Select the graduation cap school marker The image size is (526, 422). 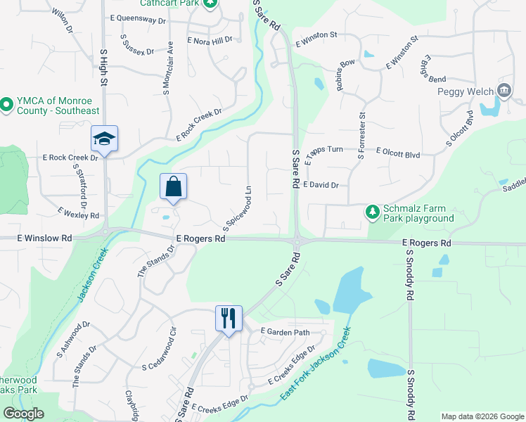pyautogui.click(x=104, y=139)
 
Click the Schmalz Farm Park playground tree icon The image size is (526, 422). pyautogui.click(x=372, y=211)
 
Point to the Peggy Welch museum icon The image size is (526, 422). pyautogui.click(x=503, y=91)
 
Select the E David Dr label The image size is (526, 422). pyautogui.click(x=323, y=185)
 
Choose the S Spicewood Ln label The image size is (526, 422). pyautogui.click(x=237, y=208)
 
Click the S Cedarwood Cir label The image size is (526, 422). pyautogui.click(x=167, y=350)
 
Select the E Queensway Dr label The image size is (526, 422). pyautogui.click(x=138, y=21)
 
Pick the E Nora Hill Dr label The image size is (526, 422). pyautogui.click(x=210, y=41)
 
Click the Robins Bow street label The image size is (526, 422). pyautogui.click(x=345, y=75)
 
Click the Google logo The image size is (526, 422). pyautogui.click(x=24, y=413)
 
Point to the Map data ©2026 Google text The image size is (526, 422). pyautogui.click(x=482, y=416)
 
